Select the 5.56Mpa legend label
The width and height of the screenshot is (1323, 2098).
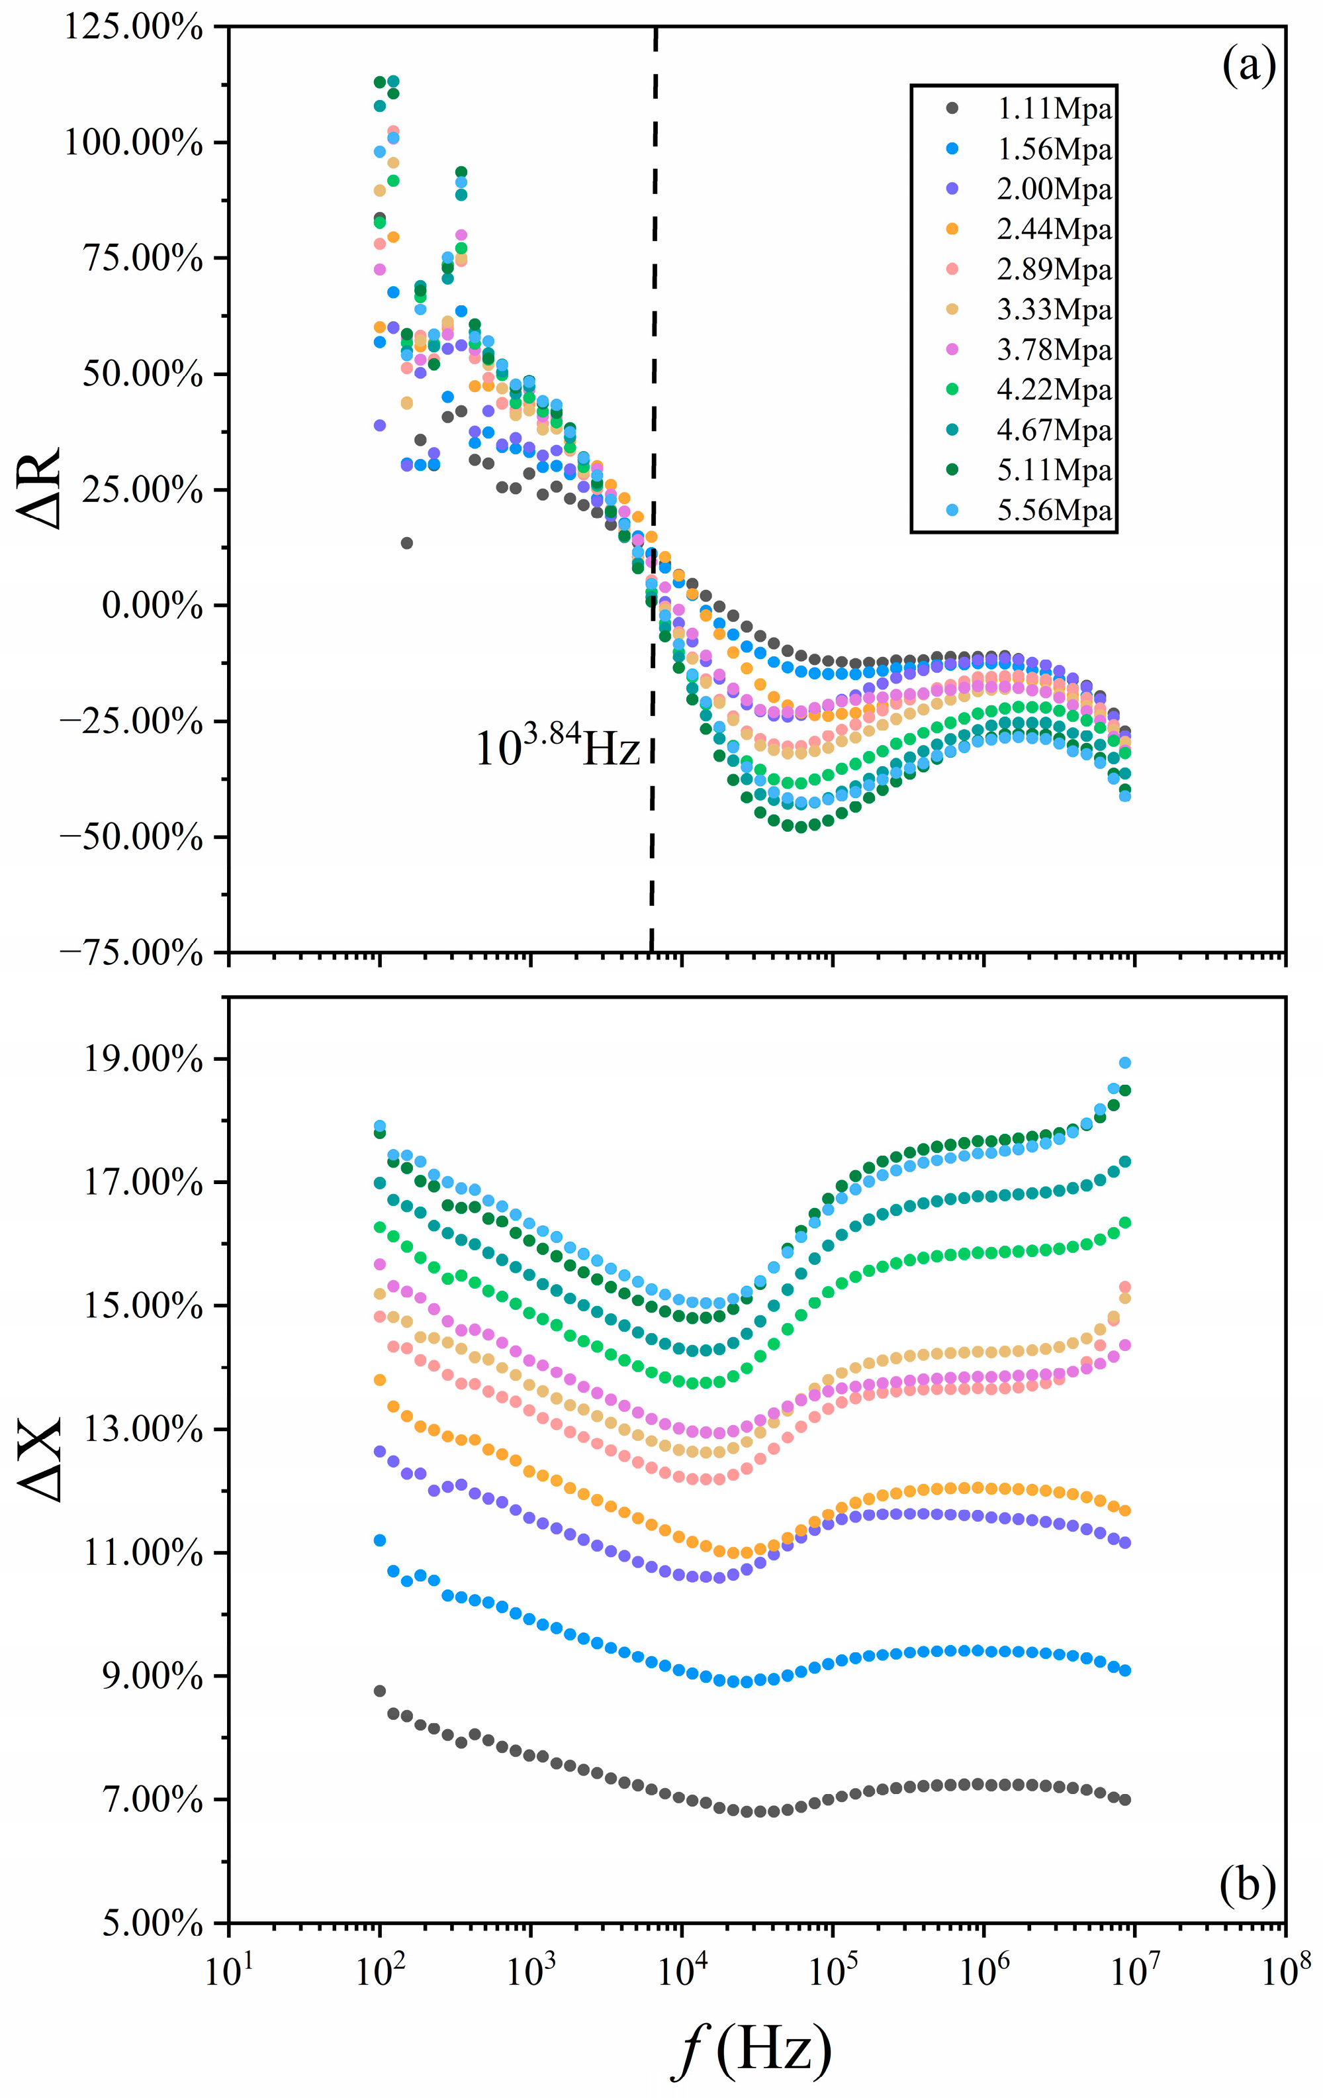point(1054,510)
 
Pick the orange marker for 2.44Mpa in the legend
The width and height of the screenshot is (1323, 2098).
point(952,229)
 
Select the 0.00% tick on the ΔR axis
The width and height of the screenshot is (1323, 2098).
point(152,605)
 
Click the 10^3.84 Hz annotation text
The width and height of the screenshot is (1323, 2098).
point(557,746)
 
